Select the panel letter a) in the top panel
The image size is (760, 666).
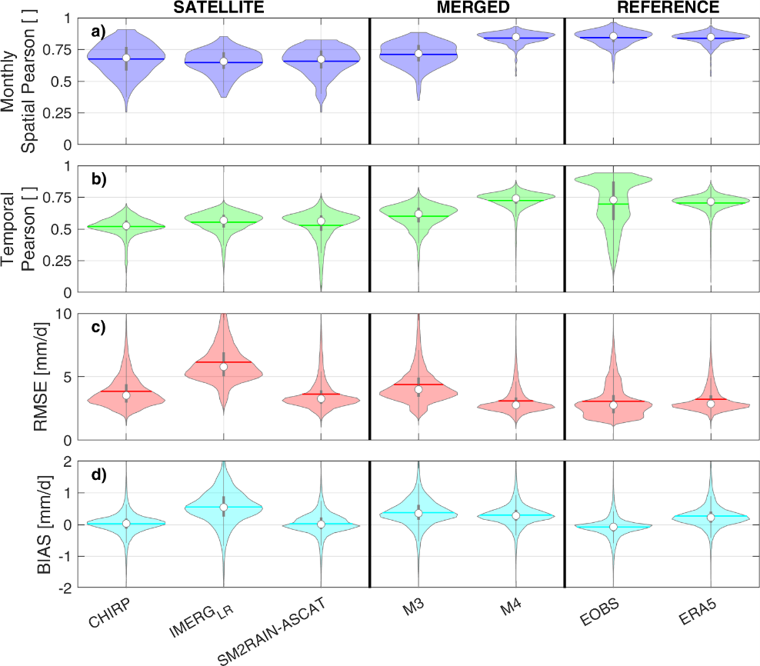click(x=98, y=32)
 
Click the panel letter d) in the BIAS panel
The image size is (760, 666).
click(x=98, y=474)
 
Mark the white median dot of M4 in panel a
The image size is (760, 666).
click(x=516, y=37)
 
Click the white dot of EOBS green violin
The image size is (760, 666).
click(x=613, y=200)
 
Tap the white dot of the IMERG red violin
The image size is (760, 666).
click(x=224, y=367)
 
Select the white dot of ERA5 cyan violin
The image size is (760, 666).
click(x=711, y=518)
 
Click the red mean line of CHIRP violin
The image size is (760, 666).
click(x=126, y=391)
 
